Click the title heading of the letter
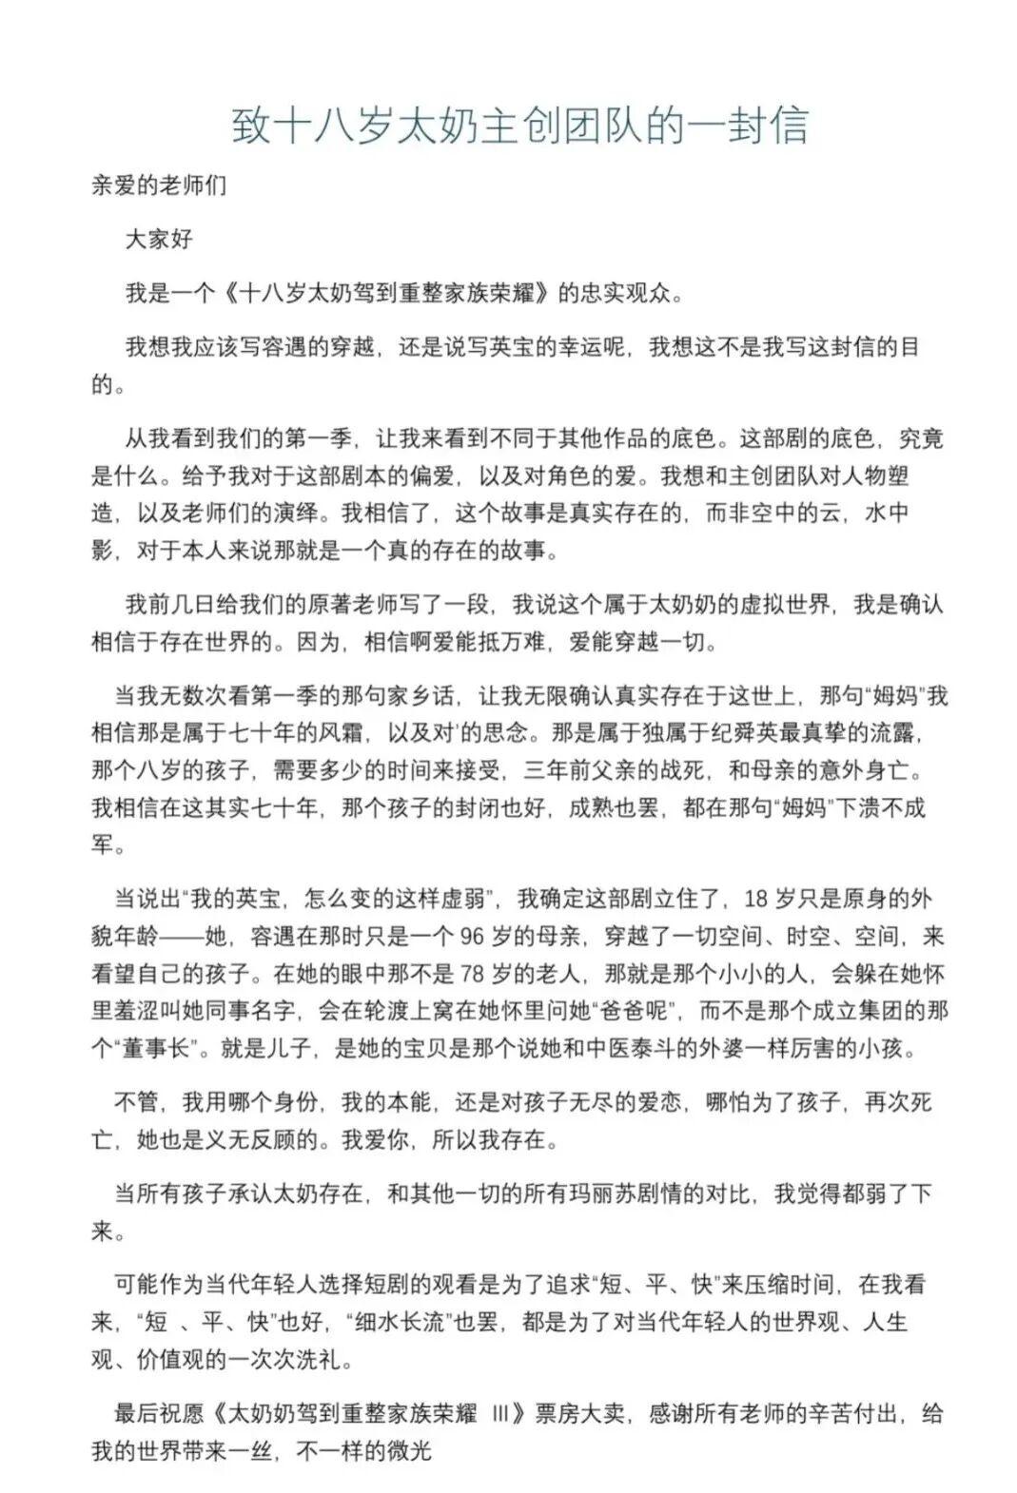pos(520,126)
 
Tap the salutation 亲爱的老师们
pos(159,184)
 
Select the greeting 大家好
pos(159,239)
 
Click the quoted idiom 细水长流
pos(401,1322)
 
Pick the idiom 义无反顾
pos(238,1139)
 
